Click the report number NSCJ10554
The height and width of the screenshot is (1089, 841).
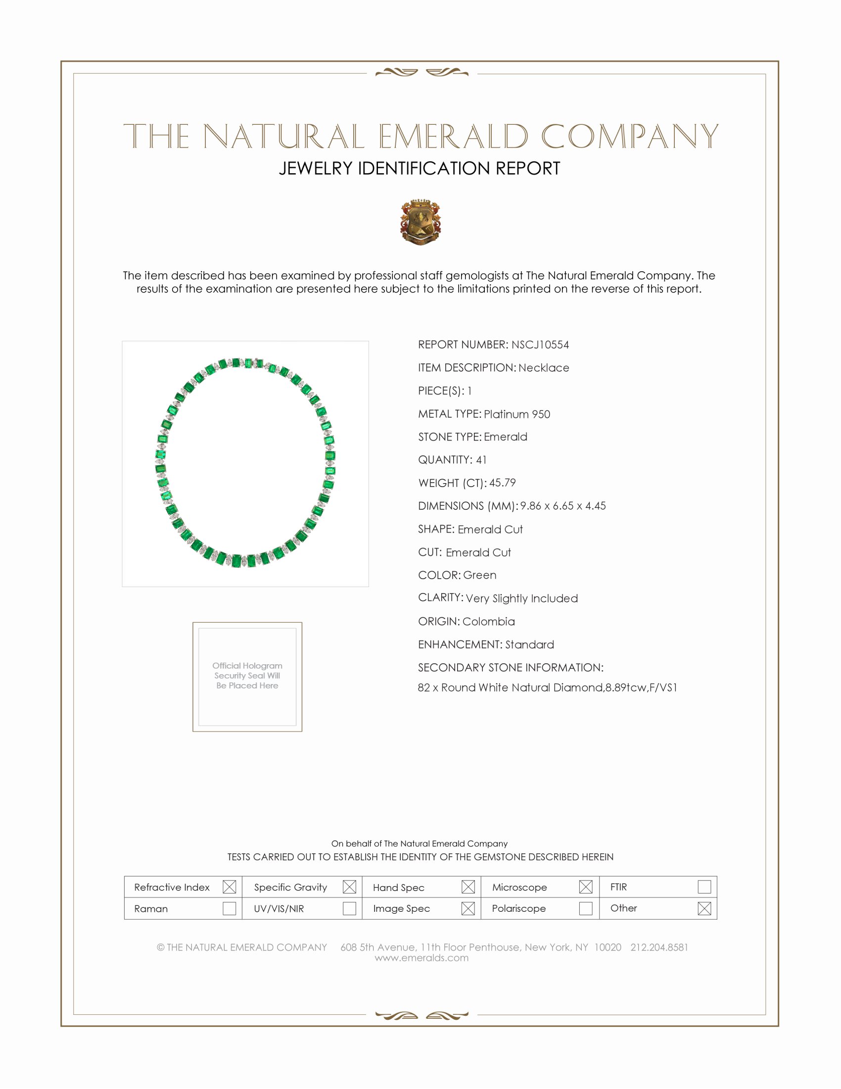pyautogui.click(x=540, y=345)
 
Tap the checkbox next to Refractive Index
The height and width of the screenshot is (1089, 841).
pyautogui.click(x=229, y=887)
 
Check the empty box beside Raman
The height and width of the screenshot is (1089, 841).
pyautogui.click(x=229, y=908)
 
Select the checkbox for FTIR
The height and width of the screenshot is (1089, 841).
pyautogui.click(x=704, y=887)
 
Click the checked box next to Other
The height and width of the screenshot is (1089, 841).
pyautogui.click(x=704, y=908)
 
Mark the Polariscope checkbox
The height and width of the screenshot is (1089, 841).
pyautogui.click(x=586, y=908)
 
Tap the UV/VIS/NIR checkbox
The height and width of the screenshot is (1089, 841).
pyautogui.click(x=349, y=908)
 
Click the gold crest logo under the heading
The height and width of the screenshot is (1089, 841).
pyautogui.click(x=420, y=222)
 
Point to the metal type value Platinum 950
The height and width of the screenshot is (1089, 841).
pyautogui.click(x=516, y=414)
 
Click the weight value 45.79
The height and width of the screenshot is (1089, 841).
pyautogui.click(x=502, y=483)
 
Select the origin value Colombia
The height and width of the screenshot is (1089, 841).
pyautogui.click(x=488, y=621)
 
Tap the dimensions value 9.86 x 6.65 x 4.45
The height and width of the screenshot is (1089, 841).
pyautogui.click(x=563, y=505)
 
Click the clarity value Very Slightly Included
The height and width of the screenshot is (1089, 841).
pyautogui.click(x=521, y=598)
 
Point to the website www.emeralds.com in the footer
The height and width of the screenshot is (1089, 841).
pyautogui.click(x=421, y=958)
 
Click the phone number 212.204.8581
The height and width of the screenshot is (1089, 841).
pyautogui.click(x=659, y=947)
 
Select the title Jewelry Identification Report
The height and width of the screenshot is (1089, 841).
pyautogui.click(x=420, y=168)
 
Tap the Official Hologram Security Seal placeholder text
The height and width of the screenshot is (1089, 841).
pyautogui.click(x=247, y=676)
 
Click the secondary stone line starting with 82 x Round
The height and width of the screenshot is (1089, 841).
pyautogui.click(x=547, y=688)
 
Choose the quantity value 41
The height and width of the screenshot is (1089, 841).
pyautogui.click(x=481, y=460)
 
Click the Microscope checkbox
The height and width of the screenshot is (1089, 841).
pyautogui.click(x=586, y=887)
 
